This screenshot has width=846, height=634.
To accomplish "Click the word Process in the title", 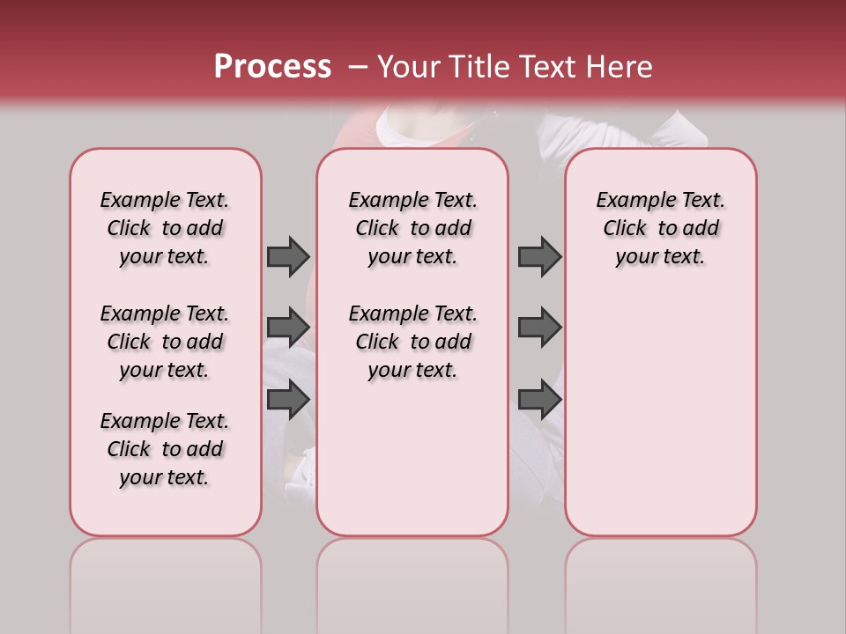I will coord(272,67).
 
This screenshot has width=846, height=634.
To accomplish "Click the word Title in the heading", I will coord(477,67).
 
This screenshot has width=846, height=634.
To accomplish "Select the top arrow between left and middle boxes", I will coord(288,256).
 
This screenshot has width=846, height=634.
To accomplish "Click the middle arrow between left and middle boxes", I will coord(288,328).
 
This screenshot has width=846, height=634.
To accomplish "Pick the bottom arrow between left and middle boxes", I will coord(288,400).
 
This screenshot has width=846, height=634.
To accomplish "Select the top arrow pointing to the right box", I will coord(539,256).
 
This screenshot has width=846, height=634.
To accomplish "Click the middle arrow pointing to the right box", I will coord(539,328).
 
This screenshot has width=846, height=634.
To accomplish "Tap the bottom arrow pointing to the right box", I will coord(539,400).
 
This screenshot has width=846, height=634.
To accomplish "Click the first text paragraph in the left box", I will coord(165,228).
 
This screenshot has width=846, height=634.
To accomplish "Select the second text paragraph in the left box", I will coord(165,342).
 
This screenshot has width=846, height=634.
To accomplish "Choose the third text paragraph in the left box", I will coord(165,449).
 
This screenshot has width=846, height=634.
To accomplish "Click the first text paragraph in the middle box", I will coord(412,228).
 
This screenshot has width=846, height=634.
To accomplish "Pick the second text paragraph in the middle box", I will coord(412,342).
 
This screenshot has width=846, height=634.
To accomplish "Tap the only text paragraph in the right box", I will coord(660,228).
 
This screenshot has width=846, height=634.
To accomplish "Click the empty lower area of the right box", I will coord(660,414).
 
